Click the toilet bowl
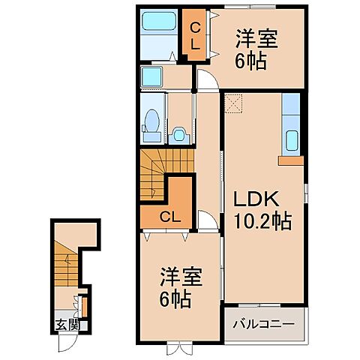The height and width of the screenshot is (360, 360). [151, 123]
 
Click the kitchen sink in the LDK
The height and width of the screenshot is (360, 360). [292, 139]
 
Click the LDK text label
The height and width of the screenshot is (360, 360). [259, 199]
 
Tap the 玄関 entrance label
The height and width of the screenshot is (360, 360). [66, 325]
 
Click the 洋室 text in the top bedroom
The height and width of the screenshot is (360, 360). [258, 40]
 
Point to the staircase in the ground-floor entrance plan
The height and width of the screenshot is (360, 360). [66, 259]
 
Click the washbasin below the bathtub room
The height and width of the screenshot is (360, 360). [154, 76]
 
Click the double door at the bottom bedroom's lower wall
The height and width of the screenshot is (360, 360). [180, 347]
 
